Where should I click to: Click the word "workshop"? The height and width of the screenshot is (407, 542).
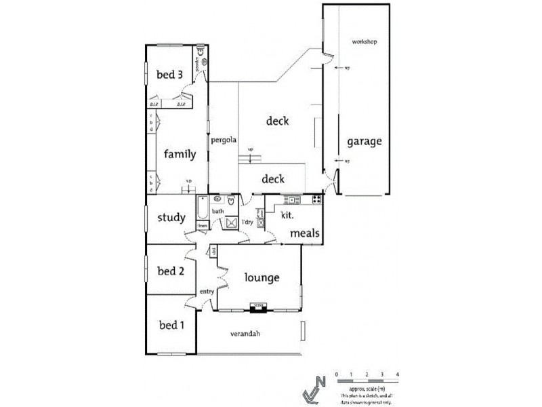pos(364,42)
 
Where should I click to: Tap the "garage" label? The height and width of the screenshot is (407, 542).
pos(364,142)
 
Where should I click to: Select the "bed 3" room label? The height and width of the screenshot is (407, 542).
pos(169,75)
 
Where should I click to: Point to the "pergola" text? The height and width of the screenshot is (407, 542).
pos(223,140)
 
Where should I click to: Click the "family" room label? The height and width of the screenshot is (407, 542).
pos(180,154)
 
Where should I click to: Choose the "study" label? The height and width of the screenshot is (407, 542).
pos(171,218)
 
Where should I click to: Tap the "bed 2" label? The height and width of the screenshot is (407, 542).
pos(171,271)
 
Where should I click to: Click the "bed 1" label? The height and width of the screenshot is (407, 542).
pos(171,325)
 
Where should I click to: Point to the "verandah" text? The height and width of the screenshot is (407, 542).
pos(245,334)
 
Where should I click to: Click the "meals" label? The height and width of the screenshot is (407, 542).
pos(304,233)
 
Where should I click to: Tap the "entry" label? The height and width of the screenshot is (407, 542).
pos(207,292)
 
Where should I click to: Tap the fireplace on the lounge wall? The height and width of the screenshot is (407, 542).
pos(257,307)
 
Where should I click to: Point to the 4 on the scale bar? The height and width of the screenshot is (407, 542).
pos(398,375)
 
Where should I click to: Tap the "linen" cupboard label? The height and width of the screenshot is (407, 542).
pos(203,225)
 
